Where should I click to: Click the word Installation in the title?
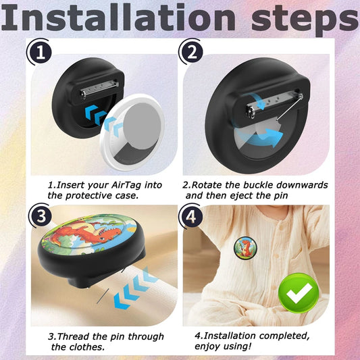point(118,18)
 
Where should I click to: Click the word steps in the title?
point(305,20)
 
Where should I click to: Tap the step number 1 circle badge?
point(41,53)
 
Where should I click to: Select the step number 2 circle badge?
point(192,52)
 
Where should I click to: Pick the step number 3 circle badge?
point(42,216)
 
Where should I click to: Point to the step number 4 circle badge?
point(192,216)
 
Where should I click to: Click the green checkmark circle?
point(299,292)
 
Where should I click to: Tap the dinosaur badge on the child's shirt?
point(245,248)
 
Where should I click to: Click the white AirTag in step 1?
point(132,132)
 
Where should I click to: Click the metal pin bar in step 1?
point(99,89)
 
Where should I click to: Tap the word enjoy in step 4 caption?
point(206,346)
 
